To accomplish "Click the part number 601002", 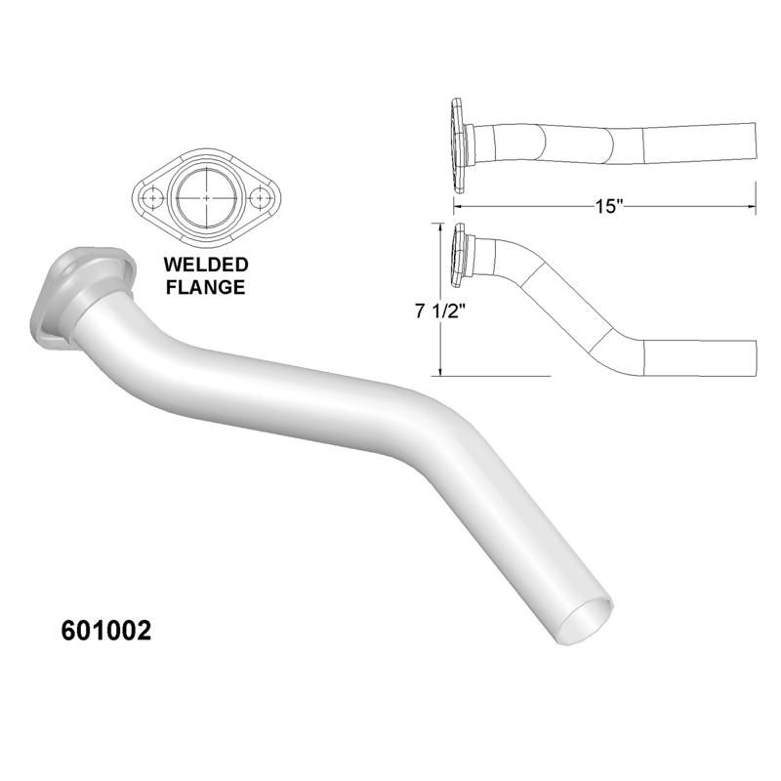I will tap(106, 630).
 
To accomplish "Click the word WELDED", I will tap(205, 265).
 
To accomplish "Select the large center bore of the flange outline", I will tap(205, 198).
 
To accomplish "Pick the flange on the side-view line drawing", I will tap(458, 254).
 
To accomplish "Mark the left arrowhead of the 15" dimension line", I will tap(456, 206).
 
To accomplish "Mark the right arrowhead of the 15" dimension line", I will tap(752, 206).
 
